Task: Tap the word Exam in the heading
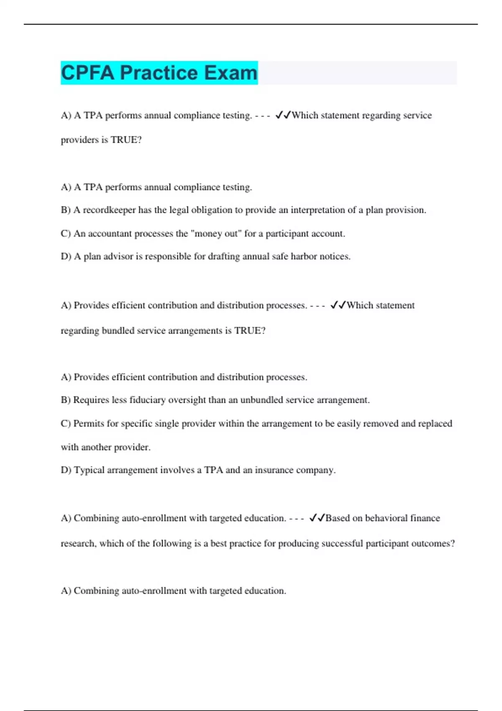coord(231,73)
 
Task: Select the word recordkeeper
coord(109,210)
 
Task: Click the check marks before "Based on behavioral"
coord(317,518)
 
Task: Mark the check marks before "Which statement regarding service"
coord(283,115)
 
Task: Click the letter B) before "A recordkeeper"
coord(66,210)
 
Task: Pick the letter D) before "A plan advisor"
coord(66,256)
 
